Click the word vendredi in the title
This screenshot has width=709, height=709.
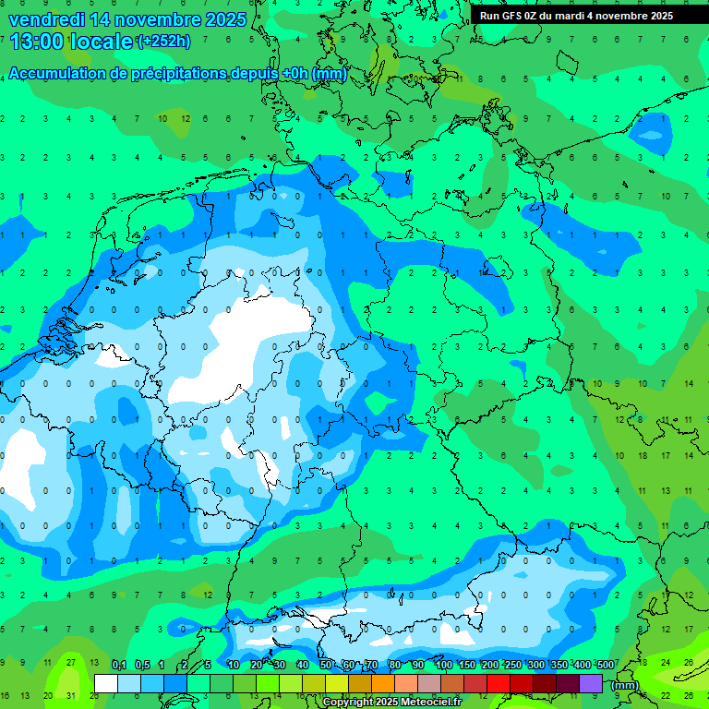click(44, 19)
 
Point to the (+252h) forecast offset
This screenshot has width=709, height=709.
click(163, 42)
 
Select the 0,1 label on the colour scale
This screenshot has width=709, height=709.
click(118, 665)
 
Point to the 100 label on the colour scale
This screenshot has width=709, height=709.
click(444, 665)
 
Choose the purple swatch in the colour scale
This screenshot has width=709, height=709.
click(591, 683)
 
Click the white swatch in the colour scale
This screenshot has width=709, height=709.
click(106, 683)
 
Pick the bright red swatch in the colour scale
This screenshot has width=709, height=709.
click(499, 683)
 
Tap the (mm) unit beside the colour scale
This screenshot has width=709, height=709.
click(624, 685)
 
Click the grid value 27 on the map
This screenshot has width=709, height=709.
click(69, 663)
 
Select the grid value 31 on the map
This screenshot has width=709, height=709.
click(69, 695)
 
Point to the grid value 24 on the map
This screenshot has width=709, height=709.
click(666, 663)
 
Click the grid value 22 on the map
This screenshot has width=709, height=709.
click(666, 695)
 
